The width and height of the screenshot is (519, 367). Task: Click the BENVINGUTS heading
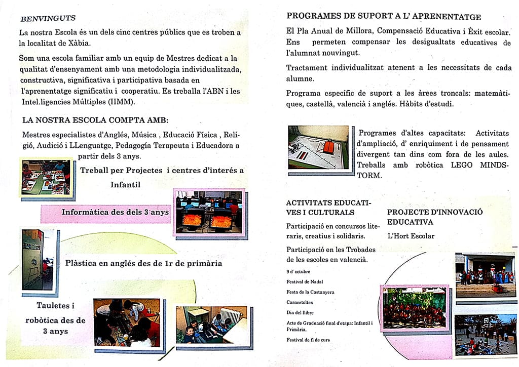coord(48,18)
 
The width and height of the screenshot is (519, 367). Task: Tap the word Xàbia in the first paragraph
coord(79,43)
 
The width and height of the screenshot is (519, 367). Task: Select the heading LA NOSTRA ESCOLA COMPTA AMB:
coord(95,120)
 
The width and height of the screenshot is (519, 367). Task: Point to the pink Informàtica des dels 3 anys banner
coord(106,213)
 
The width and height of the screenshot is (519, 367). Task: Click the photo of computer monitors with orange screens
coord(209,213)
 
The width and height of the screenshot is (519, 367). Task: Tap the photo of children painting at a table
coord(46,177)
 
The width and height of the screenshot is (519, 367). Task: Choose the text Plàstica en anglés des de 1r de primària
coord(143,264)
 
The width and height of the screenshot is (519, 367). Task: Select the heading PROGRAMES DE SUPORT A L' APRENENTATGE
coord(384,16)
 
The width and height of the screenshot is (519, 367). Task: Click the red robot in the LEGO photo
coord(327,146)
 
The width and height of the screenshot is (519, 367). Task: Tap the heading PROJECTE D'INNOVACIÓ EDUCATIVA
coord(435,217)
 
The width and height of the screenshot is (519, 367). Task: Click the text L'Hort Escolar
coord(411,236)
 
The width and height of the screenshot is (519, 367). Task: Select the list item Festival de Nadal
coord(305,281)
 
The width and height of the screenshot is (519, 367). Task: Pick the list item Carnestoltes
coord(300,302)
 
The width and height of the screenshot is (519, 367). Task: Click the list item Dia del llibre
coord(300,312)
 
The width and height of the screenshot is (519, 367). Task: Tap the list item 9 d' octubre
coord(299,271)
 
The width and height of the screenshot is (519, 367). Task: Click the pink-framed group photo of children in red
coord(415,307)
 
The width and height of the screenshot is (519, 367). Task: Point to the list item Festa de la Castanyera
coord(311,292)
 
